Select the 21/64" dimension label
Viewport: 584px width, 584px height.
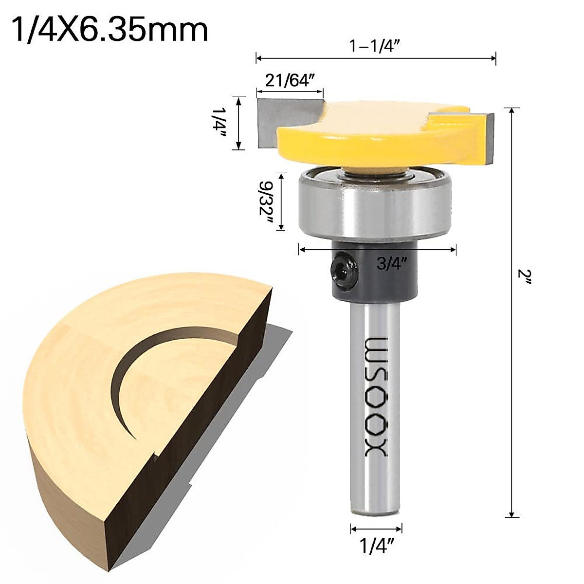(x=288, y=80)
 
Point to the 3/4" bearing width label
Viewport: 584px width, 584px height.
(x=392, y=264)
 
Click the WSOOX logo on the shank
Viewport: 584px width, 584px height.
(x=375, y=397)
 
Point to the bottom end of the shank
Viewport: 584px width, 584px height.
(x=376, y=513)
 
